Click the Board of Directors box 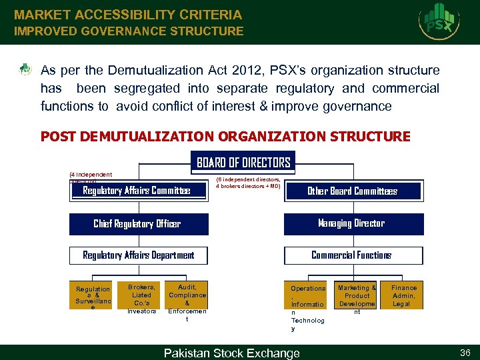[x=243, y=163]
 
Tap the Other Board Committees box [x=353, y=191]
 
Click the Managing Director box [x=353, y=223]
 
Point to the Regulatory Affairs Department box [x=139, y=255]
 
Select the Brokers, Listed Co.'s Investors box [x=141, y=298]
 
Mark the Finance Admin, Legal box [x=404, y=295]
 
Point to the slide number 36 [x=465, y=353]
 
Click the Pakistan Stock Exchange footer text [x=231, y=353]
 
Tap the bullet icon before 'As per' [x=25, y=69]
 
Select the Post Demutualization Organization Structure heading [x=225, y=137]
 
